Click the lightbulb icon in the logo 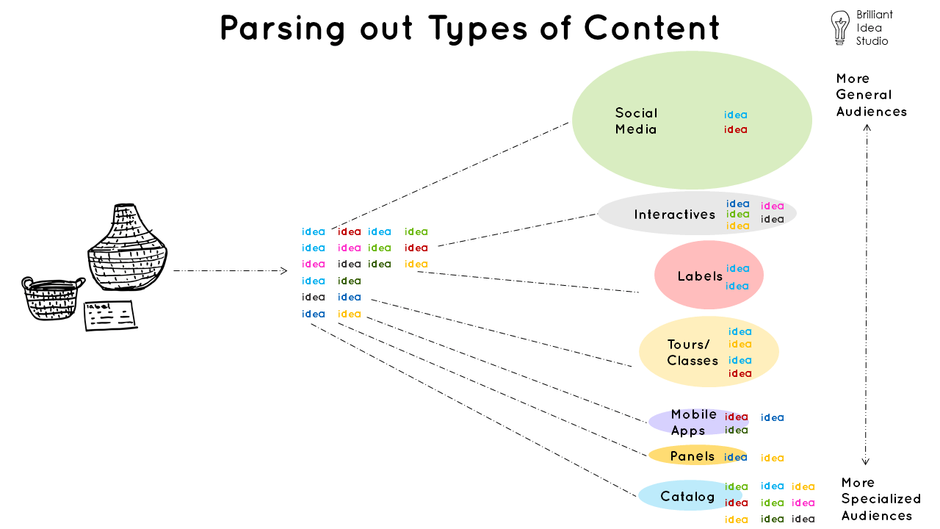click(x=839, y=27)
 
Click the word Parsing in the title click(x=283, y=28)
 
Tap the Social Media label click(x=636, y=121)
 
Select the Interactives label click(x=675, y=215)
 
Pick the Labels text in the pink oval click(x=700, y=276)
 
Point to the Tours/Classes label click(x=692, y=353)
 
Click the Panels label click(x=693, y=456)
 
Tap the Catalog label click(x=687, y=497)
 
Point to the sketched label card click(x=109, y=315)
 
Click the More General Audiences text click(x=872, y=95)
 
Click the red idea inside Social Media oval click(x=736, y=130)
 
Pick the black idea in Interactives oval click(x=773, y=219)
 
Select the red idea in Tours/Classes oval click(x=740, y=374)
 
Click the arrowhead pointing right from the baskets click(x=283, y=271)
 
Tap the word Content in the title click(x=651, y=28)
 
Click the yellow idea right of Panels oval click(x=773, y=458)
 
